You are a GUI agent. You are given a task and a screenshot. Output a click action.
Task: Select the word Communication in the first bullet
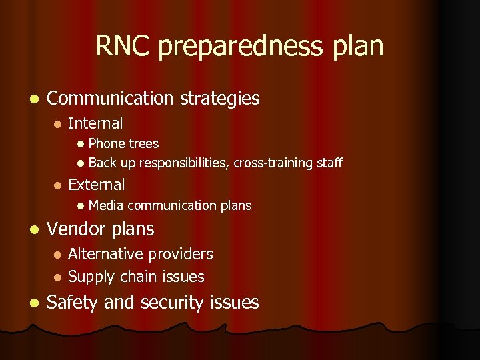110,99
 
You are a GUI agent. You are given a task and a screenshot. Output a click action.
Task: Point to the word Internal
95,123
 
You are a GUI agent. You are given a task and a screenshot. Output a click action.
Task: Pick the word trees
143,143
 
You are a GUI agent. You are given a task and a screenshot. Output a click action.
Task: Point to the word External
97,185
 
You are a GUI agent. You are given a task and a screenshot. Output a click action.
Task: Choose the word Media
107,205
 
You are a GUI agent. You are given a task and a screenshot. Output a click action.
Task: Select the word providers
181,255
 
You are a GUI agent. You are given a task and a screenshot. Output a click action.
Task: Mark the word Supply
91,277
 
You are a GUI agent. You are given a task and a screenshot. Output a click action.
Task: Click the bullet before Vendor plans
33,230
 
